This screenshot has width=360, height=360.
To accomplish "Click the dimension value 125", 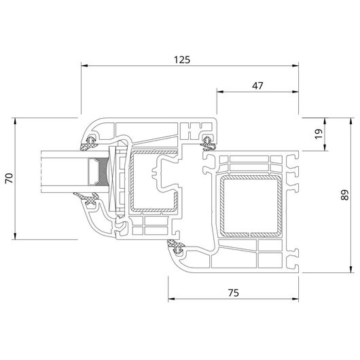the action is click(x=182, y=60).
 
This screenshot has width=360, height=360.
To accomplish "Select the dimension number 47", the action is click(x=257, y=86).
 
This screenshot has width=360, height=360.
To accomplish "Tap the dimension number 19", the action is click(x=319, y=134).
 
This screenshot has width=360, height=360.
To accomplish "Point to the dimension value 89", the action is click(x=344, y=195).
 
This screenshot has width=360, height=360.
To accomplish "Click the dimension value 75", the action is click(x=234, y=293).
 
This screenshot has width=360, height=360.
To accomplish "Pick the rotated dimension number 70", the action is click(x=10, y=179).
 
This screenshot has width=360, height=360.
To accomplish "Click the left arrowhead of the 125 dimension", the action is click(x=84, y=66).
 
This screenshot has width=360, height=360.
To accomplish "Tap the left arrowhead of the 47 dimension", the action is click(x=220, y=92).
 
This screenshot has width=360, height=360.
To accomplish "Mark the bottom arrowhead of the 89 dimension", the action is click(x=350, y=270).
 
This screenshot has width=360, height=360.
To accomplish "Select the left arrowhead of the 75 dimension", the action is click(x=171, y=299).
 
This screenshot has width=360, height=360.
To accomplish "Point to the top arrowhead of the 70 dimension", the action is click(x=15, y=121).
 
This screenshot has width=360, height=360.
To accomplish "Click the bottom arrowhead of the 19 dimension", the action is click(x=325, y=147).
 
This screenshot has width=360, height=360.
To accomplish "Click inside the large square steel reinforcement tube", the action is click(x=251, y=206).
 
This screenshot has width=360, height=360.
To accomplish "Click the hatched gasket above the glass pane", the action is click(x=89, y=143).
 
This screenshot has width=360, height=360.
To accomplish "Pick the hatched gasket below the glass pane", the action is click(x=88, y=198).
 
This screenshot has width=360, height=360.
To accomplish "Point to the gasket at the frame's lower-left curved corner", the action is click(x=177, y=247).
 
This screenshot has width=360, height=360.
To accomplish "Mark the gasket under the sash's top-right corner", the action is click(x=208, y=144).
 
